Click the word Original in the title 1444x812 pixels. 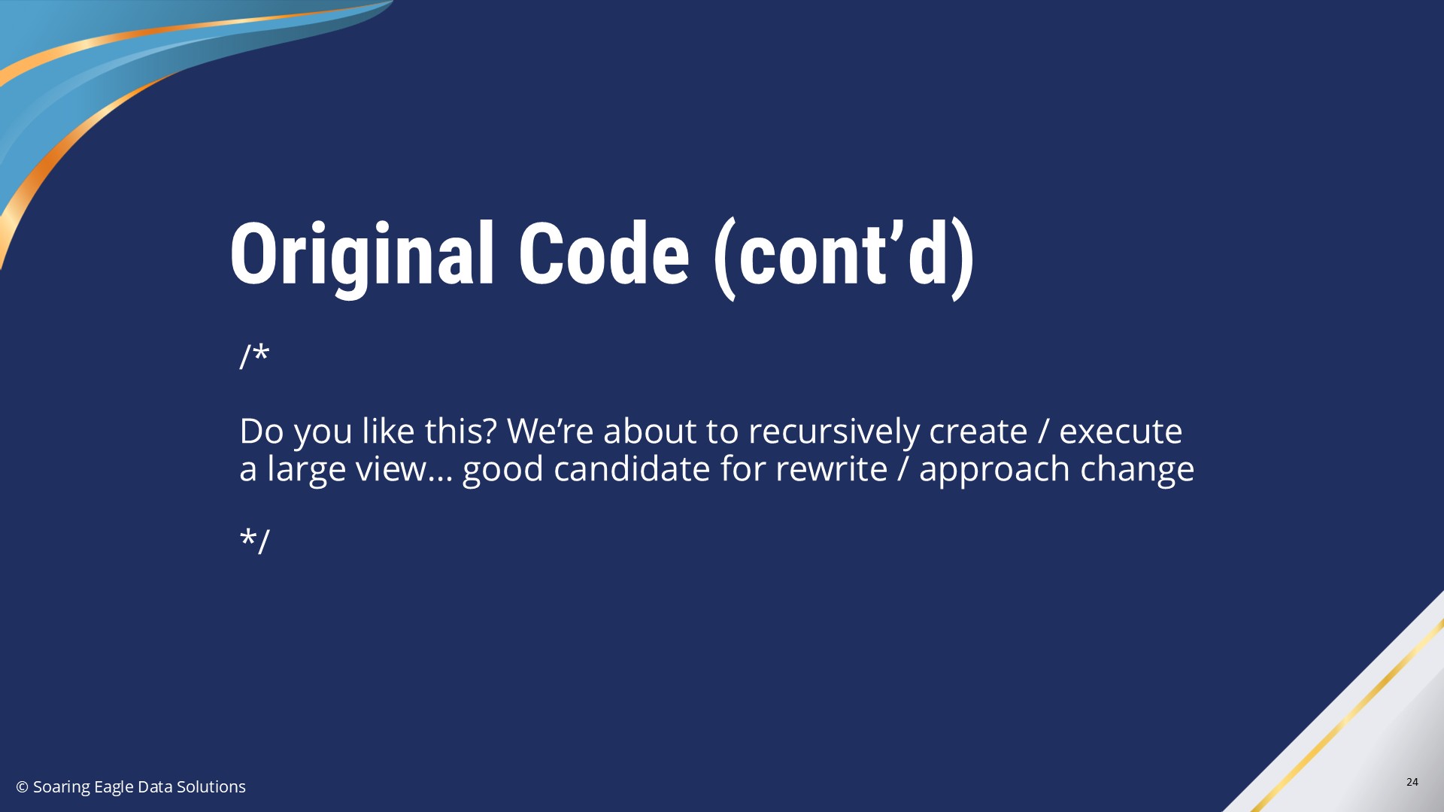coord(362,256)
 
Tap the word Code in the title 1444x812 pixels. coord(603,255)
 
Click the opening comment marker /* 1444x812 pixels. coord(254,356)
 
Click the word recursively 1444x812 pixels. coord(834,432)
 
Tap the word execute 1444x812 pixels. coord(1121,432)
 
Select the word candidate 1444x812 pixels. coord(632,468)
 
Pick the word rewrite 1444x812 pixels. coord(831,469)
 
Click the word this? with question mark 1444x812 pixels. coord(460,432)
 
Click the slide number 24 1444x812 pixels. coord(1412,782)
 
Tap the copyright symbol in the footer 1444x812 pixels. coord(22,787)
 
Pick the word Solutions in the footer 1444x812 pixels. coord(211,786)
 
